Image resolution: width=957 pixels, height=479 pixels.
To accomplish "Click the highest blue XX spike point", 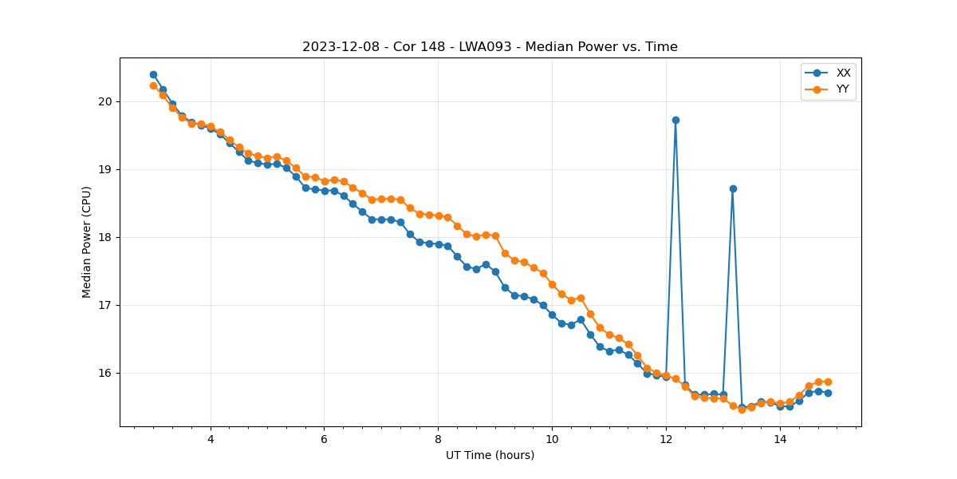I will (675, 120).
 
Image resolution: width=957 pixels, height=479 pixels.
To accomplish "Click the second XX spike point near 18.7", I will (733, 188).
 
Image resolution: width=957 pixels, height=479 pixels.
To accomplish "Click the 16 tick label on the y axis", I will (105, 373).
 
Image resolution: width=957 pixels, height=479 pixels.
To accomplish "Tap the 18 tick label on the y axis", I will (105, 237).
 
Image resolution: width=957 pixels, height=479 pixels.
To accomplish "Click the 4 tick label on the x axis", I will (211, 439).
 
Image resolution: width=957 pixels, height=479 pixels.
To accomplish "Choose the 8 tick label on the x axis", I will (438, 439).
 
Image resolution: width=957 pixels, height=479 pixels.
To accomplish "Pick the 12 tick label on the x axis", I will (666, 439).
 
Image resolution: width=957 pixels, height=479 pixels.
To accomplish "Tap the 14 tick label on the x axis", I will (779, 439).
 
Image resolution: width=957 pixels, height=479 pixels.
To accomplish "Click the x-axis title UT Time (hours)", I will (490, 455).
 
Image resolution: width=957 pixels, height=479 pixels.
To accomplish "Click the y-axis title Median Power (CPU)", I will (87, 242).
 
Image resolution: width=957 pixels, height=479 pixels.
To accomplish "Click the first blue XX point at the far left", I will (153, 74).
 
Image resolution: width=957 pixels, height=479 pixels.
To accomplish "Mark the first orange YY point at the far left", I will (153, 85).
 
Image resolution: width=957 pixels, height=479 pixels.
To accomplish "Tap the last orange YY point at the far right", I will (828, 382).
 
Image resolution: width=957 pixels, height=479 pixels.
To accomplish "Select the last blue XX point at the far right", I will (828, 393).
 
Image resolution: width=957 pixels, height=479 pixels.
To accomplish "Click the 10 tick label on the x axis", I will (552, 439).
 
